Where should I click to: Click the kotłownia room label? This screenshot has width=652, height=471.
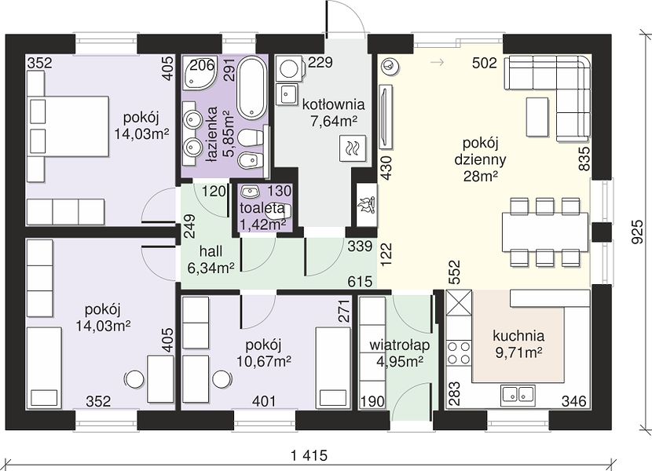(334, 104)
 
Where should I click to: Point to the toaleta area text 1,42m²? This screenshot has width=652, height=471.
(262, 224)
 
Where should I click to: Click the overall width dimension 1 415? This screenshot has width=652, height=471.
(310, 455)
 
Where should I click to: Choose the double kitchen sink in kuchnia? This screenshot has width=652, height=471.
(518, 394)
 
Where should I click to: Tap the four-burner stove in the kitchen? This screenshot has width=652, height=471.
(459, 352)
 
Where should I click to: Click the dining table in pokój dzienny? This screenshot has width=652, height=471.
(545, 232)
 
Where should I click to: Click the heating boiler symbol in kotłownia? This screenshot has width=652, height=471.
(353, 148)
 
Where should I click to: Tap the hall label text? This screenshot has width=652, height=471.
(211, 251)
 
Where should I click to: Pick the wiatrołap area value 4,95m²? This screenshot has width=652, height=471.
(400, 361)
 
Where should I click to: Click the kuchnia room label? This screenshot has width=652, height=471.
(518, 335)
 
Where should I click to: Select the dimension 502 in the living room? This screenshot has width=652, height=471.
(485, 63)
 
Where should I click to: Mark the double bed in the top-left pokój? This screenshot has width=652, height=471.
(68, 126)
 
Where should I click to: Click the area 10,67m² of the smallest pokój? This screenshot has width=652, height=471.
(264, 361)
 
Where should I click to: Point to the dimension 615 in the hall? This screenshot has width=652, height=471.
(360, 282)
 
